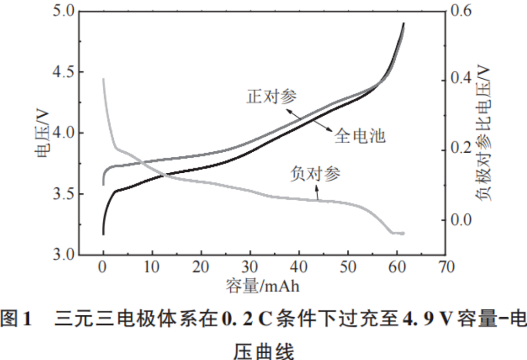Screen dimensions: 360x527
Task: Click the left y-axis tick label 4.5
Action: tap(64, 72)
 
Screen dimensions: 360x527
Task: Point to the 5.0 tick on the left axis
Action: tap(64, 11)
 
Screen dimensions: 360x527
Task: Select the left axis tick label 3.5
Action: tap(64, 194)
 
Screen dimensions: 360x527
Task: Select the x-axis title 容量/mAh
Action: tap(262, 286)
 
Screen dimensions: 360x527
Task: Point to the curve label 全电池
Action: tap(359, 136)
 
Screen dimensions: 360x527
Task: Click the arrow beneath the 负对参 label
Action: tap(317, 193)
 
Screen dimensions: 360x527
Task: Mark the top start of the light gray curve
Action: tap(103, 80)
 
